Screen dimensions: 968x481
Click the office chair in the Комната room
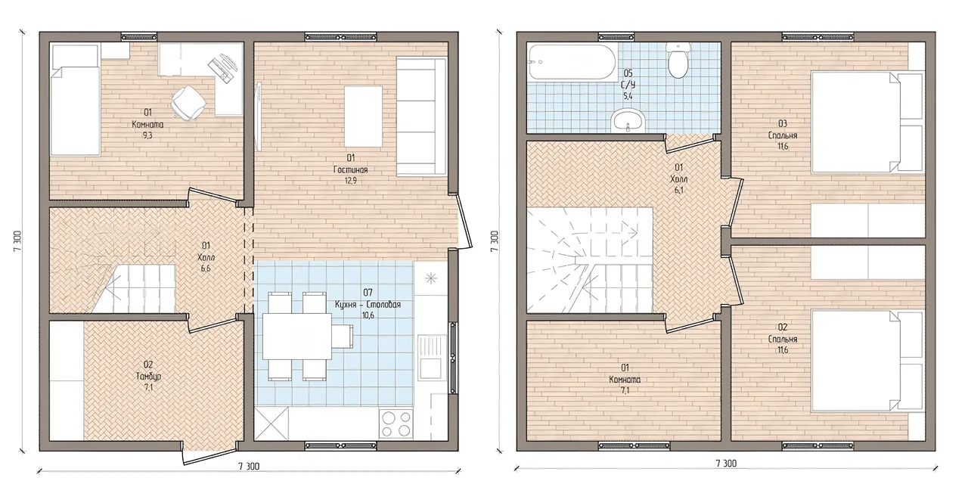click(x=188, y=102)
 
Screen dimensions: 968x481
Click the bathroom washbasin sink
click(x=628, y=121)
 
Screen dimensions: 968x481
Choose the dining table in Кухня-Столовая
click(x=297, y=337)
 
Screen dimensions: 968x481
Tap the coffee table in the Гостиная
click(x=363, y=116)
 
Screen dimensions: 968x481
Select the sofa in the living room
click(x=421, y=117)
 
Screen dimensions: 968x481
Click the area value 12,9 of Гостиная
click(x=350, y=181)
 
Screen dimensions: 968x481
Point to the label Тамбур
click(x=147, y=377)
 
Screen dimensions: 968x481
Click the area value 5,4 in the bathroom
click(x=628, y=96)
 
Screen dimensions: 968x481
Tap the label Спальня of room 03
click(x=783, y=135)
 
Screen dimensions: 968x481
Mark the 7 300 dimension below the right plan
click(x=726, y=464)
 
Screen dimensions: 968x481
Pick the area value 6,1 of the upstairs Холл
click(x=678, y=190)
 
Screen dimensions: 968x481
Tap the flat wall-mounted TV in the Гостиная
click(x=259, y=116)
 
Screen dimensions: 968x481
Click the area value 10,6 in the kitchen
click(x=368, y=315)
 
